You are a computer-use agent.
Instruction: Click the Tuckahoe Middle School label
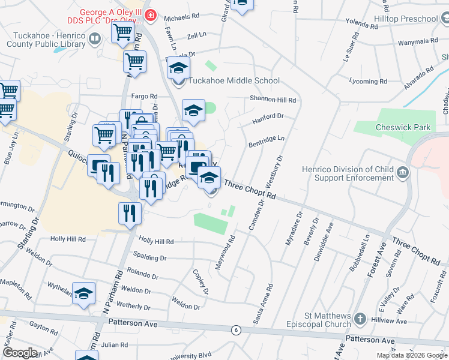234,80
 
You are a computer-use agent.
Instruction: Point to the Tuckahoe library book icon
94,40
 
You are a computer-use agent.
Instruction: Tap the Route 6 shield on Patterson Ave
237,330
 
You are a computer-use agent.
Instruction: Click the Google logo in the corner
20,353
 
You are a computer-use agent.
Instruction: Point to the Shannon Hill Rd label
273,100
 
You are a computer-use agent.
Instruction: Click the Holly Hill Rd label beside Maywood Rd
156,241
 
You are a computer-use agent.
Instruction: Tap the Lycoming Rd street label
367,81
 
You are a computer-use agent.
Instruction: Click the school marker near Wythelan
84,293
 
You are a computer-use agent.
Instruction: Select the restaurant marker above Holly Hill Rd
130,213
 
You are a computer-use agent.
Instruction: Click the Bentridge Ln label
266,142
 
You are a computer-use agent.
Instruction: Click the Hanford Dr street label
268,119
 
